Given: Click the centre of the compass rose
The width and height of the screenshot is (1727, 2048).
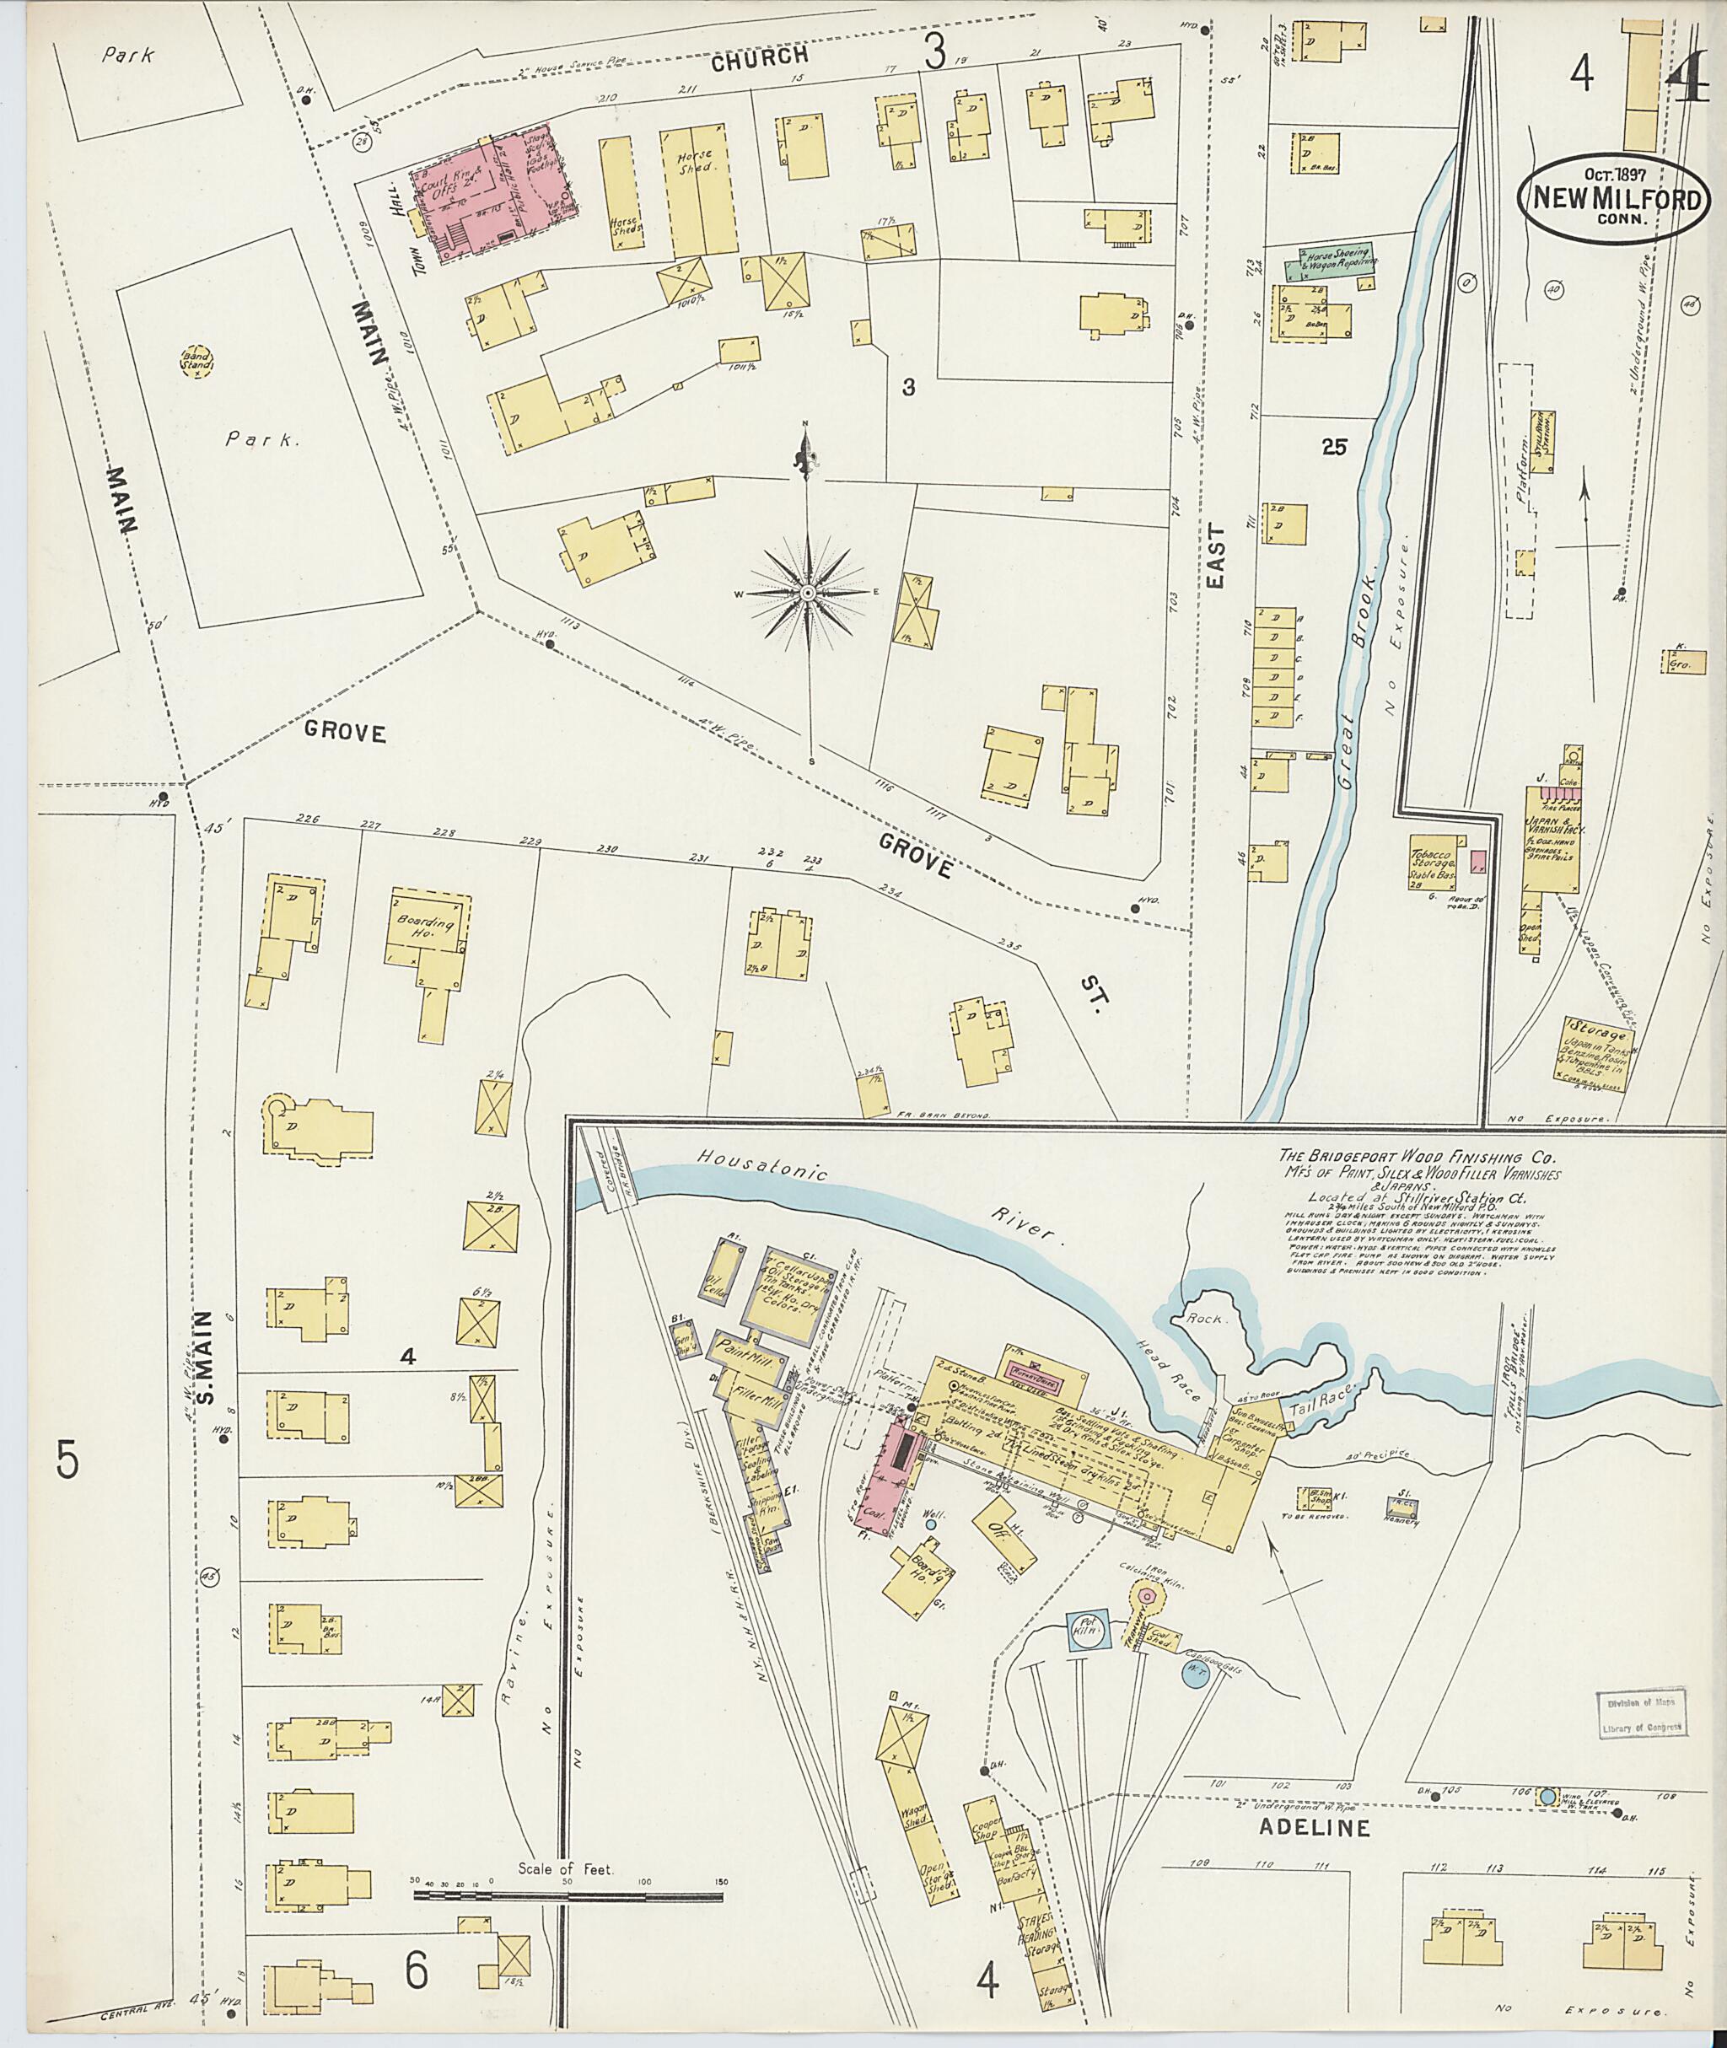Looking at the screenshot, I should [x=809, y=594].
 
